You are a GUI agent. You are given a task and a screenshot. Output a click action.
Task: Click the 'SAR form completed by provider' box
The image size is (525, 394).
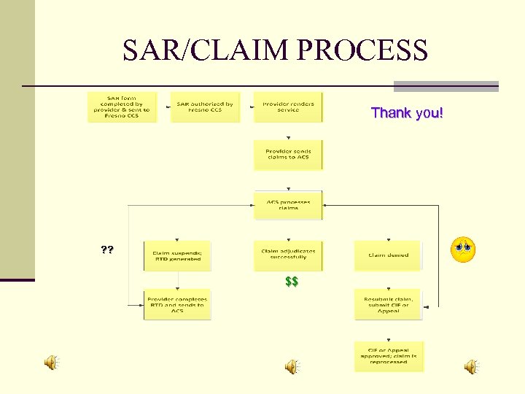pyautogui.click(x=122, y=107)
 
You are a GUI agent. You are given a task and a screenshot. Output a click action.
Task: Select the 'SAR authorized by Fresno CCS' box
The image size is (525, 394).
pyautogui.click(x=205, y=107)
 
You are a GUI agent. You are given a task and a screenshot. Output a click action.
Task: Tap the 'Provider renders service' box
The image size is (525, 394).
pyautogui.click(x=288, y=107)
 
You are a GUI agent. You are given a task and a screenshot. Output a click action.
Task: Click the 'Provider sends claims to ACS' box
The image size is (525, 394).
pyautogui.click(x=288, y=155)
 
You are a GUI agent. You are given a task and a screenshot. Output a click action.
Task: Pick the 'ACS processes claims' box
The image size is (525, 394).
pyautogui.click(x=288, y=205)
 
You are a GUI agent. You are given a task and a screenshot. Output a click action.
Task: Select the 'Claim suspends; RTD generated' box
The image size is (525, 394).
pyautogui.click(x=177, y=256)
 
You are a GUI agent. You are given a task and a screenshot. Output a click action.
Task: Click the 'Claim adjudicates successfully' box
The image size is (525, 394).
pyautogui.click(x=288, y=255)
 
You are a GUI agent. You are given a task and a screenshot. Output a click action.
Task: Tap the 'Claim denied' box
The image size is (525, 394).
pyautogui.click(x=389, y=255)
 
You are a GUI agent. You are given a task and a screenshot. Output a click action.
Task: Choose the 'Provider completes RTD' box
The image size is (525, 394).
pyautogui.click(x=177, y=305)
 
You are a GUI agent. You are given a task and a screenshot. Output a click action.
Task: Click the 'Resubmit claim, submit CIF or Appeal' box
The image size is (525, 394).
pyautogui.click(x=389, y=305)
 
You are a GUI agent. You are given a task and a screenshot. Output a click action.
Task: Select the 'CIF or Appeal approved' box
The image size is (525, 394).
pyautogui.click(x=389, y=356)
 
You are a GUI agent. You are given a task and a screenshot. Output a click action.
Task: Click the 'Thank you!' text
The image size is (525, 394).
pyautogui.click(x=407, y=113)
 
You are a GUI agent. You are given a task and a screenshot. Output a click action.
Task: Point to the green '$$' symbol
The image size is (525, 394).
pyautogui.click(x=292, y=282)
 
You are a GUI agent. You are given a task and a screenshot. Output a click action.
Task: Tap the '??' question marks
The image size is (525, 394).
pyautogui.click(x=107, y=250)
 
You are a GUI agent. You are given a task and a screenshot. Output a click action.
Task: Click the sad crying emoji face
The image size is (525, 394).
pyautogui.click(x=463, y=250)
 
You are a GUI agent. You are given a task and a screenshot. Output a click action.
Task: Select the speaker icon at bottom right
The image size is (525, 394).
pyautogui.click(x=472, y=366)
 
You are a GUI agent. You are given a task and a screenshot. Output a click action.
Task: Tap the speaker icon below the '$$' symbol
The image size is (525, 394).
pyautogui.click(x=292, y=366)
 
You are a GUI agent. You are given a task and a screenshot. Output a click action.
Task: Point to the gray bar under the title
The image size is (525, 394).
pyautogui.click(x=446, y=86)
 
